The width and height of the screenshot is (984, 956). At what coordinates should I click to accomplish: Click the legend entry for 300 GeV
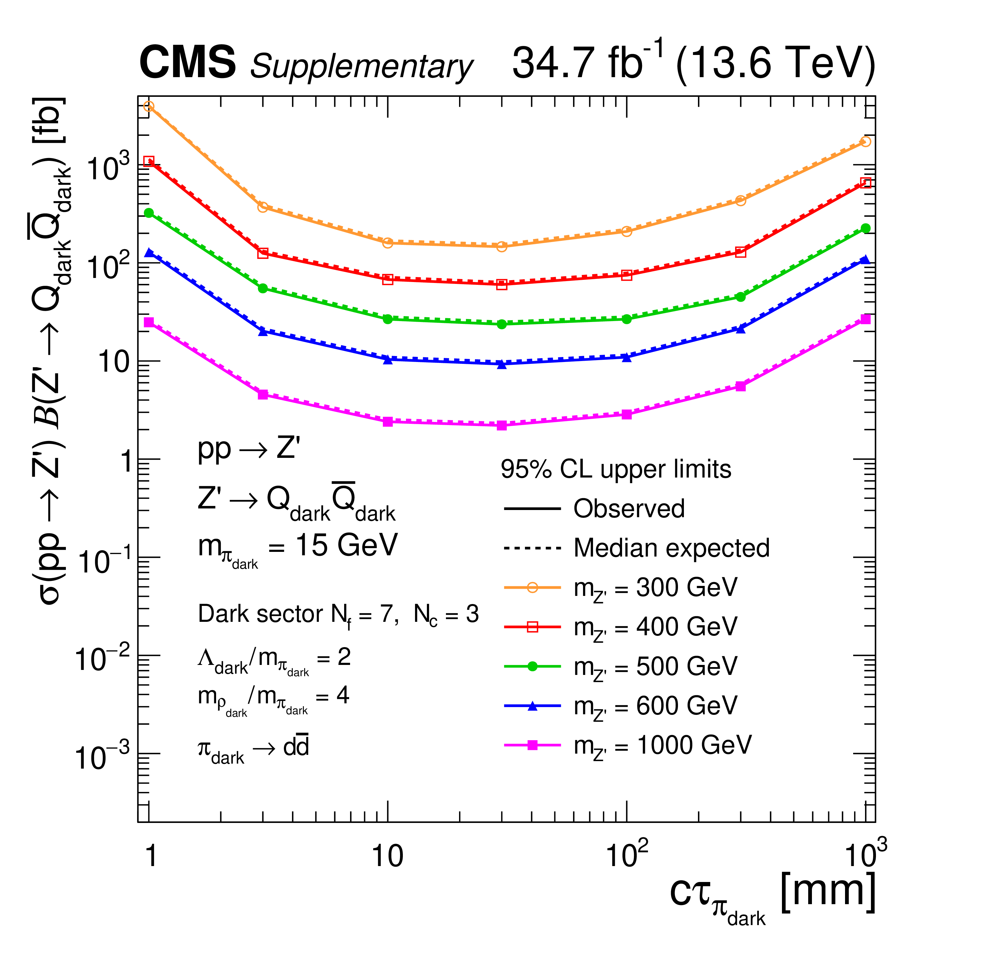pos(655,587)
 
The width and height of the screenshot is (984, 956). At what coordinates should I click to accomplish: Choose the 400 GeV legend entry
pos(655,627)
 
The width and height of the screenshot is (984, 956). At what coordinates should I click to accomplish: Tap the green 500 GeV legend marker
pos(533,666)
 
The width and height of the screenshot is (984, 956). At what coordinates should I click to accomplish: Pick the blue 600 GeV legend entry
pos(655,706)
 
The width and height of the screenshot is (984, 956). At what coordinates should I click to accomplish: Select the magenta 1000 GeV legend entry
pos(663,745)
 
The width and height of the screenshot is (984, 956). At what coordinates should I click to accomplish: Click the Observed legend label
pos(629,509)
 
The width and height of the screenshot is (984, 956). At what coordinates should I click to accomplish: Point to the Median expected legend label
pos(671,548)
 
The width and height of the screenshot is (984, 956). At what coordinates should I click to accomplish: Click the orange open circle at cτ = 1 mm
pos(149,106)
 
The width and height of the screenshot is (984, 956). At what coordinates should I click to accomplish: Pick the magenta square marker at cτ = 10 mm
pos(388,422)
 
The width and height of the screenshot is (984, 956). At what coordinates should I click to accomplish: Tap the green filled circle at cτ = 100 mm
pos(626,319)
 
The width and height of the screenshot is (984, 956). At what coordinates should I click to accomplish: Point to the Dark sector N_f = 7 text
pos(338,615)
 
